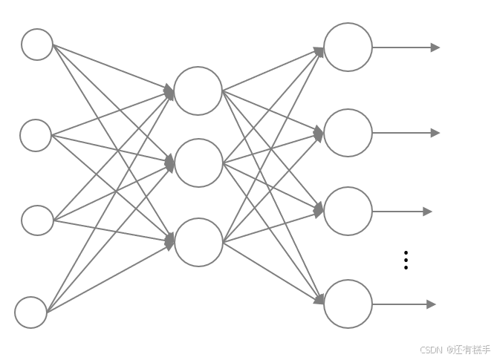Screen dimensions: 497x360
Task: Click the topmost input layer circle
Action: coord(37,45)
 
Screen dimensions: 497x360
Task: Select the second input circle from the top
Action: coord(36,135)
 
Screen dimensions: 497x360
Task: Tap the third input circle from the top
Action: coord(37,220)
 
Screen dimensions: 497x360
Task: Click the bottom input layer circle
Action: coord(31,312)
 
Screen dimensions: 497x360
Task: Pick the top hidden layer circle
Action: coord(198,91)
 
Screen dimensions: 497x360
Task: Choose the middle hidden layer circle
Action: coord(198,163)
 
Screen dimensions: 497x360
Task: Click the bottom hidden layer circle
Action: coord(198,242)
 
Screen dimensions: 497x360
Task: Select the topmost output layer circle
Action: coord(348,48)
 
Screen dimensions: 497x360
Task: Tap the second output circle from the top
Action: coord(348,133)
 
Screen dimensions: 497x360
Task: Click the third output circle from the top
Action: coord(348,212)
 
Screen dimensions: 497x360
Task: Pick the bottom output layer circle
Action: coord(348,304)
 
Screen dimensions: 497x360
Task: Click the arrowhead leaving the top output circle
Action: coord(435,48)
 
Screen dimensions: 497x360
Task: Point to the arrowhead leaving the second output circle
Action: coord(435,133)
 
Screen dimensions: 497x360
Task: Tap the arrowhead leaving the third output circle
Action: coord(428,212)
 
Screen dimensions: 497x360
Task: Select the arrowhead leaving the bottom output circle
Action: coord(432,304)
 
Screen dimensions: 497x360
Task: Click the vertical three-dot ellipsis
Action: coord(406,260)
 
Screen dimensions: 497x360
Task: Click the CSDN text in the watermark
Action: coord(431,350)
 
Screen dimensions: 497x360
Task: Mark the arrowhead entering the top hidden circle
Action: coord(170,92)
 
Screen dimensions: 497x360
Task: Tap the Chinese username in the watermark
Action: coord(472,350)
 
